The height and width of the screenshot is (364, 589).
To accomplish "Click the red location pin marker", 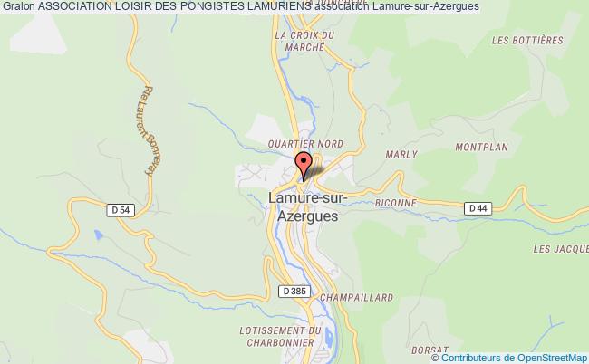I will click(304, 163).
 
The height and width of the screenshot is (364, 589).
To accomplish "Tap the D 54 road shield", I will click(118, 210).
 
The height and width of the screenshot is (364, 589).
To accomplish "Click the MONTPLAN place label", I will click(482, 147).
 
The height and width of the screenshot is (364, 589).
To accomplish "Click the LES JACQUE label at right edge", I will click(560, 248).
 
